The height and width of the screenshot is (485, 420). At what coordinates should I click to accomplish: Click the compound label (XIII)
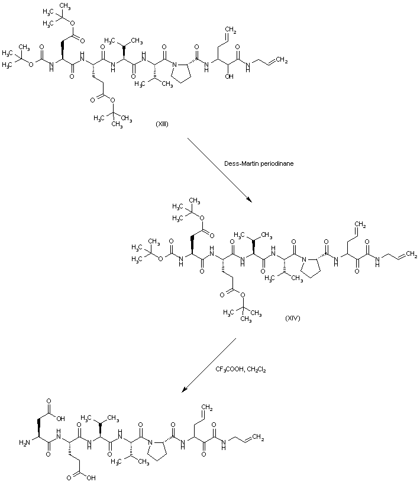pos(161,124)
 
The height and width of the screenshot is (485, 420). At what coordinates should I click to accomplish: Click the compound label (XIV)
pos(292,317)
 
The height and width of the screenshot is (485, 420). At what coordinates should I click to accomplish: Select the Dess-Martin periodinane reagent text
pos(259,163)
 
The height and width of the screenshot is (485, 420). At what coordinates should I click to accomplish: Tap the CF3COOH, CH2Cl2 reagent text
pos(241,370)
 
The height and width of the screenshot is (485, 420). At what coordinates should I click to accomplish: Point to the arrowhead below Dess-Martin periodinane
pos(250,200)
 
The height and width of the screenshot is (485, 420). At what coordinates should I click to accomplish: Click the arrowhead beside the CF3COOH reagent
pos(184,390)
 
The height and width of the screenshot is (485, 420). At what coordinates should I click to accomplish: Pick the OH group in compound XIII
pos(229,76)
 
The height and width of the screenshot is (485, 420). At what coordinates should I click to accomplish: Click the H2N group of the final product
pos(24,442)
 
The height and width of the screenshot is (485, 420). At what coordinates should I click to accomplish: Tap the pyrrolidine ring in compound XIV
pos(312,265)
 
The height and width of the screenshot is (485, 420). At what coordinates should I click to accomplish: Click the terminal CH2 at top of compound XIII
pos(231,31)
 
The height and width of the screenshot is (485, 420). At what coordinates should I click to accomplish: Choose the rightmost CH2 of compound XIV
pos(411,255)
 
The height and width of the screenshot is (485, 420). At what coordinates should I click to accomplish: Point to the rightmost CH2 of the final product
pos(258,438)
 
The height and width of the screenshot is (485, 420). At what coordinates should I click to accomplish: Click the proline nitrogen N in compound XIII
pos(175,65)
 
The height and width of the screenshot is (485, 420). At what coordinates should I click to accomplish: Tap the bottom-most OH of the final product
pos(91,478)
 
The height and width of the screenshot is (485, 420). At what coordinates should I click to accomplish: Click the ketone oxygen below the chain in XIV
pos(357,271)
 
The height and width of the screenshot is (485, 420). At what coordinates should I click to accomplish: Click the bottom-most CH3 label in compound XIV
pos(246,319)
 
